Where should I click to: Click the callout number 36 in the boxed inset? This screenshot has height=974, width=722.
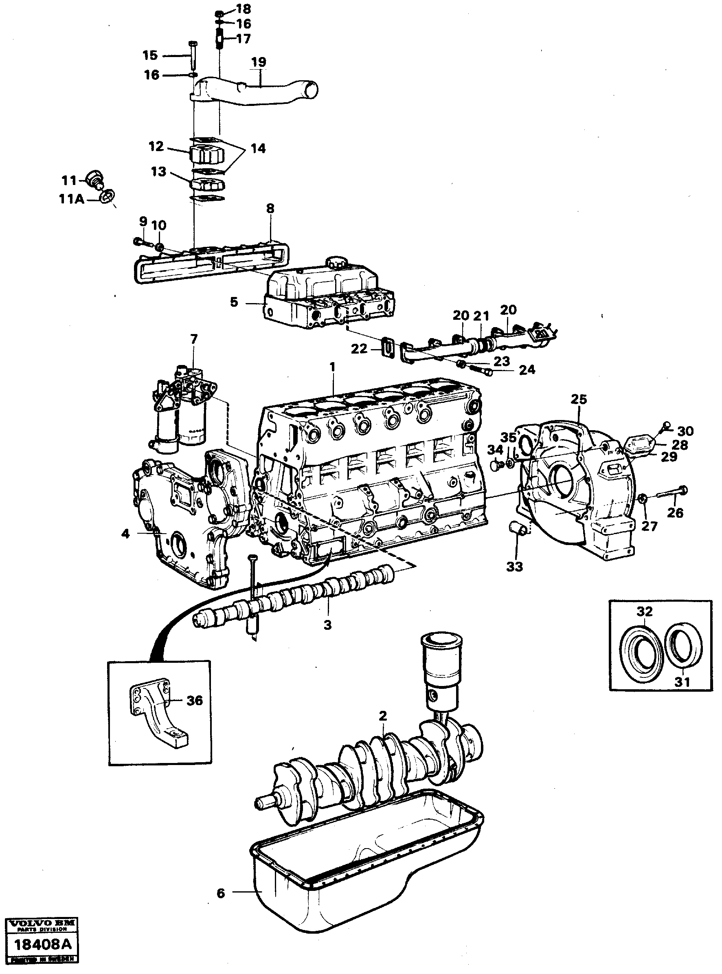195,701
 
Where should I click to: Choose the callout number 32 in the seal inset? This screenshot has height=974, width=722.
644,611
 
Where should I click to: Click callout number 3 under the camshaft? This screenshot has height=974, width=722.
327,625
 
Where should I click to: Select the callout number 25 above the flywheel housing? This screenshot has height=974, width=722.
579,399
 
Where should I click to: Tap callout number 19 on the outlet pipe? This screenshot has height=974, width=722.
259,62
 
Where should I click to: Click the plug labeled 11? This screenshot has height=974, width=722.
94,178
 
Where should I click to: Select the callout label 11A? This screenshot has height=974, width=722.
71,199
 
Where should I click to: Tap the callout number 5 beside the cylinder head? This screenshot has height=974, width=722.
234,302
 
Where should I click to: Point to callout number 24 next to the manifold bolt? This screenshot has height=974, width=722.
527,370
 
